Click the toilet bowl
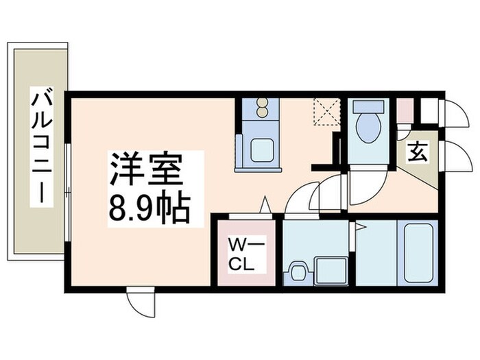point(368,129)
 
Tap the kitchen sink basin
point(263,151)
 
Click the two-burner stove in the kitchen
point(262,110)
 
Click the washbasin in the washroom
point(297,271)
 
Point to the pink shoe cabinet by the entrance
point(405,110)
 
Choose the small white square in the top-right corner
point(429,110)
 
